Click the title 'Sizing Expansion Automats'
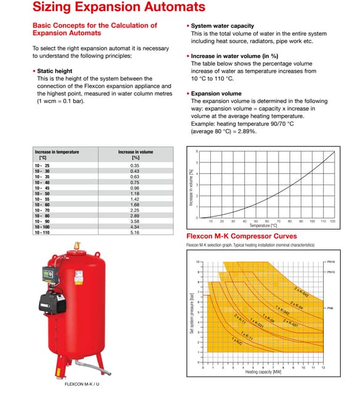(118, 7)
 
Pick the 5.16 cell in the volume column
(135, 233)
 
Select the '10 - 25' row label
(43, 166)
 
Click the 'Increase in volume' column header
(136, 152)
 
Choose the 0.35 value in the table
(135, 166)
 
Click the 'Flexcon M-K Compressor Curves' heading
(241, 236)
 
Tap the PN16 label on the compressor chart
(331, 262)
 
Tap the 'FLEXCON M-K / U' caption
(82, 384)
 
